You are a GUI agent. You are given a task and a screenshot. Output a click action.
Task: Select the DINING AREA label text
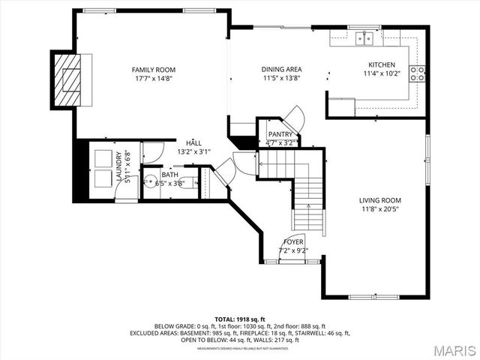pyautogui.click(x=280, y=69)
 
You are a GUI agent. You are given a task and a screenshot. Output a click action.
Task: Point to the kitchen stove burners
pyautogui.click(x=418, y=73)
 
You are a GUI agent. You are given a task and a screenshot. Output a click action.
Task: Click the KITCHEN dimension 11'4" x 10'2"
pyautogui.click(x=382, y=73)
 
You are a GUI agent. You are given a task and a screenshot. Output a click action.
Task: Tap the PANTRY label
pyautogui.click(x=280, y=134)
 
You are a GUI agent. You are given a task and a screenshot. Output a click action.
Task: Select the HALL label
pyautogui.click(x=194, y=142)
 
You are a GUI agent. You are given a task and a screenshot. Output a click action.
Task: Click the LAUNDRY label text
pyautogui.click(x=119, y=166)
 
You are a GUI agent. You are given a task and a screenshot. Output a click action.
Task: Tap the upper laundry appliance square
pyautogui.click(x=102, y=158)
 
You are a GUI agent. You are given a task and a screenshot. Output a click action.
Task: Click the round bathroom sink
pyautogui.click(x=150, y=181)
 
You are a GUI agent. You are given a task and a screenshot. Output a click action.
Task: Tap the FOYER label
pyautogui.click(x=293, y=242)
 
